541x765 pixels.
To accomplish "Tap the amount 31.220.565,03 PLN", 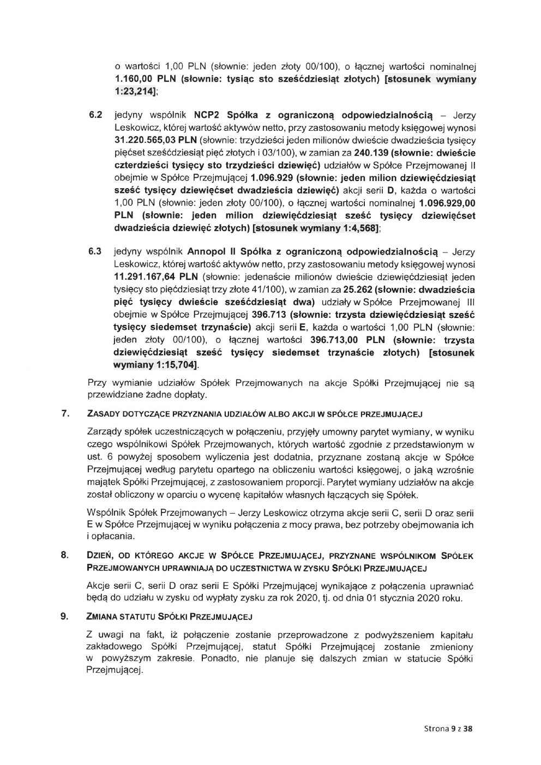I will [151, 141].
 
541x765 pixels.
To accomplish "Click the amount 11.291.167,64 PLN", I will [151, 277].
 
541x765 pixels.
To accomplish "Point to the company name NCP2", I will [203, 116].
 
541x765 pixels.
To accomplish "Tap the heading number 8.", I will [67, 556].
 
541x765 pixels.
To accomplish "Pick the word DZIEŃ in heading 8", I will [99, 556].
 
